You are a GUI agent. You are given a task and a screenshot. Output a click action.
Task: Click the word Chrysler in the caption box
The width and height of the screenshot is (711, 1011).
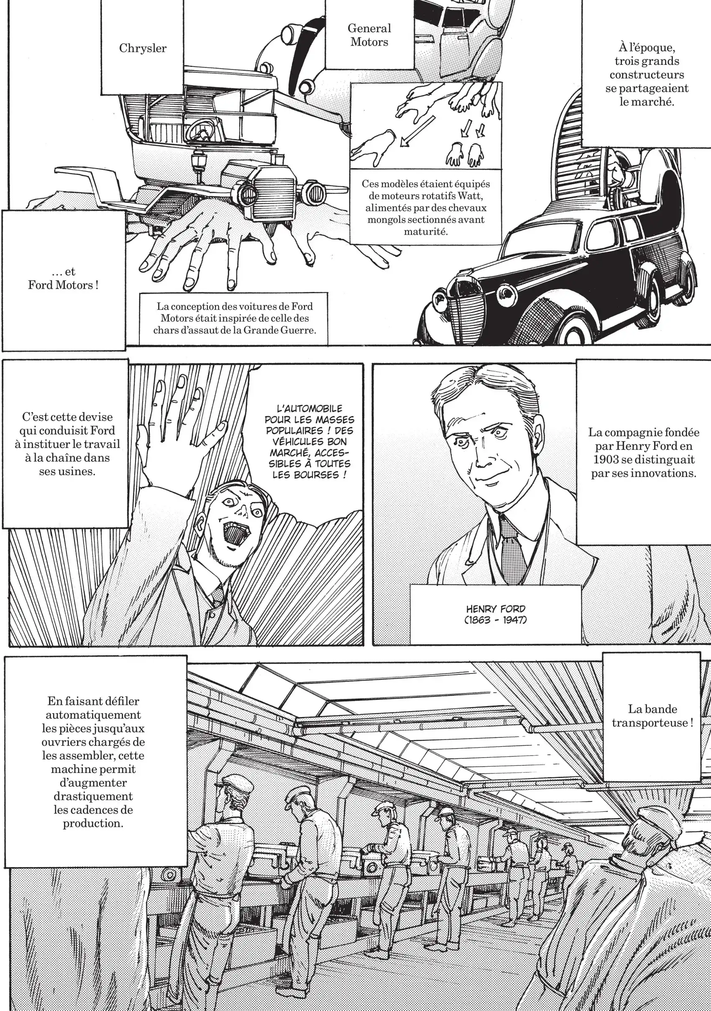(x=143, y=48)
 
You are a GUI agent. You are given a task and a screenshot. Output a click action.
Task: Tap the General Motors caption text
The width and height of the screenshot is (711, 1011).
(x=369, y=35)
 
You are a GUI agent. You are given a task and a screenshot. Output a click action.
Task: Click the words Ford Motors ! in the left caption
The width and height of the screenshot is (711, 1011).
(x=63, y=285)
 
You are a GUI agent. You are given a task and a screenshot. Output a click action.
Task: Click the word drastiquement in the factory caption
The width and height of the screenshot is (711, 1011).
(x=92, y=796)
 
